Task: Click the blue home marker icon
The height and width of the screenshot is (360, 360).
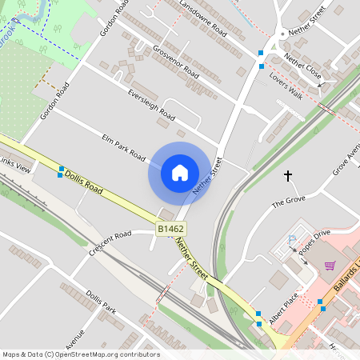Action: (180, 173)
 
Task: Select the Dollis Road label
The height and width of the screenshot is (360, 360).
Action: (84, 182)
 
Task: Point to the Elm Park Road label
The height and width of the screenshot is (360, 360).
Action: (123, 146)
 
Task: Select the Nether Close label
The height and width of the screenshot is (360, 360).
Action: (302, 65)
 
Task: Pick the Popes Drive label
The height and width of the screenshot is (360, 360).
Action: (314, 243)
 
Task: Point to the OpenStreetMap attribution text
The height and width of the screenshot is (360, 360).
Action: (81, 354)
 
